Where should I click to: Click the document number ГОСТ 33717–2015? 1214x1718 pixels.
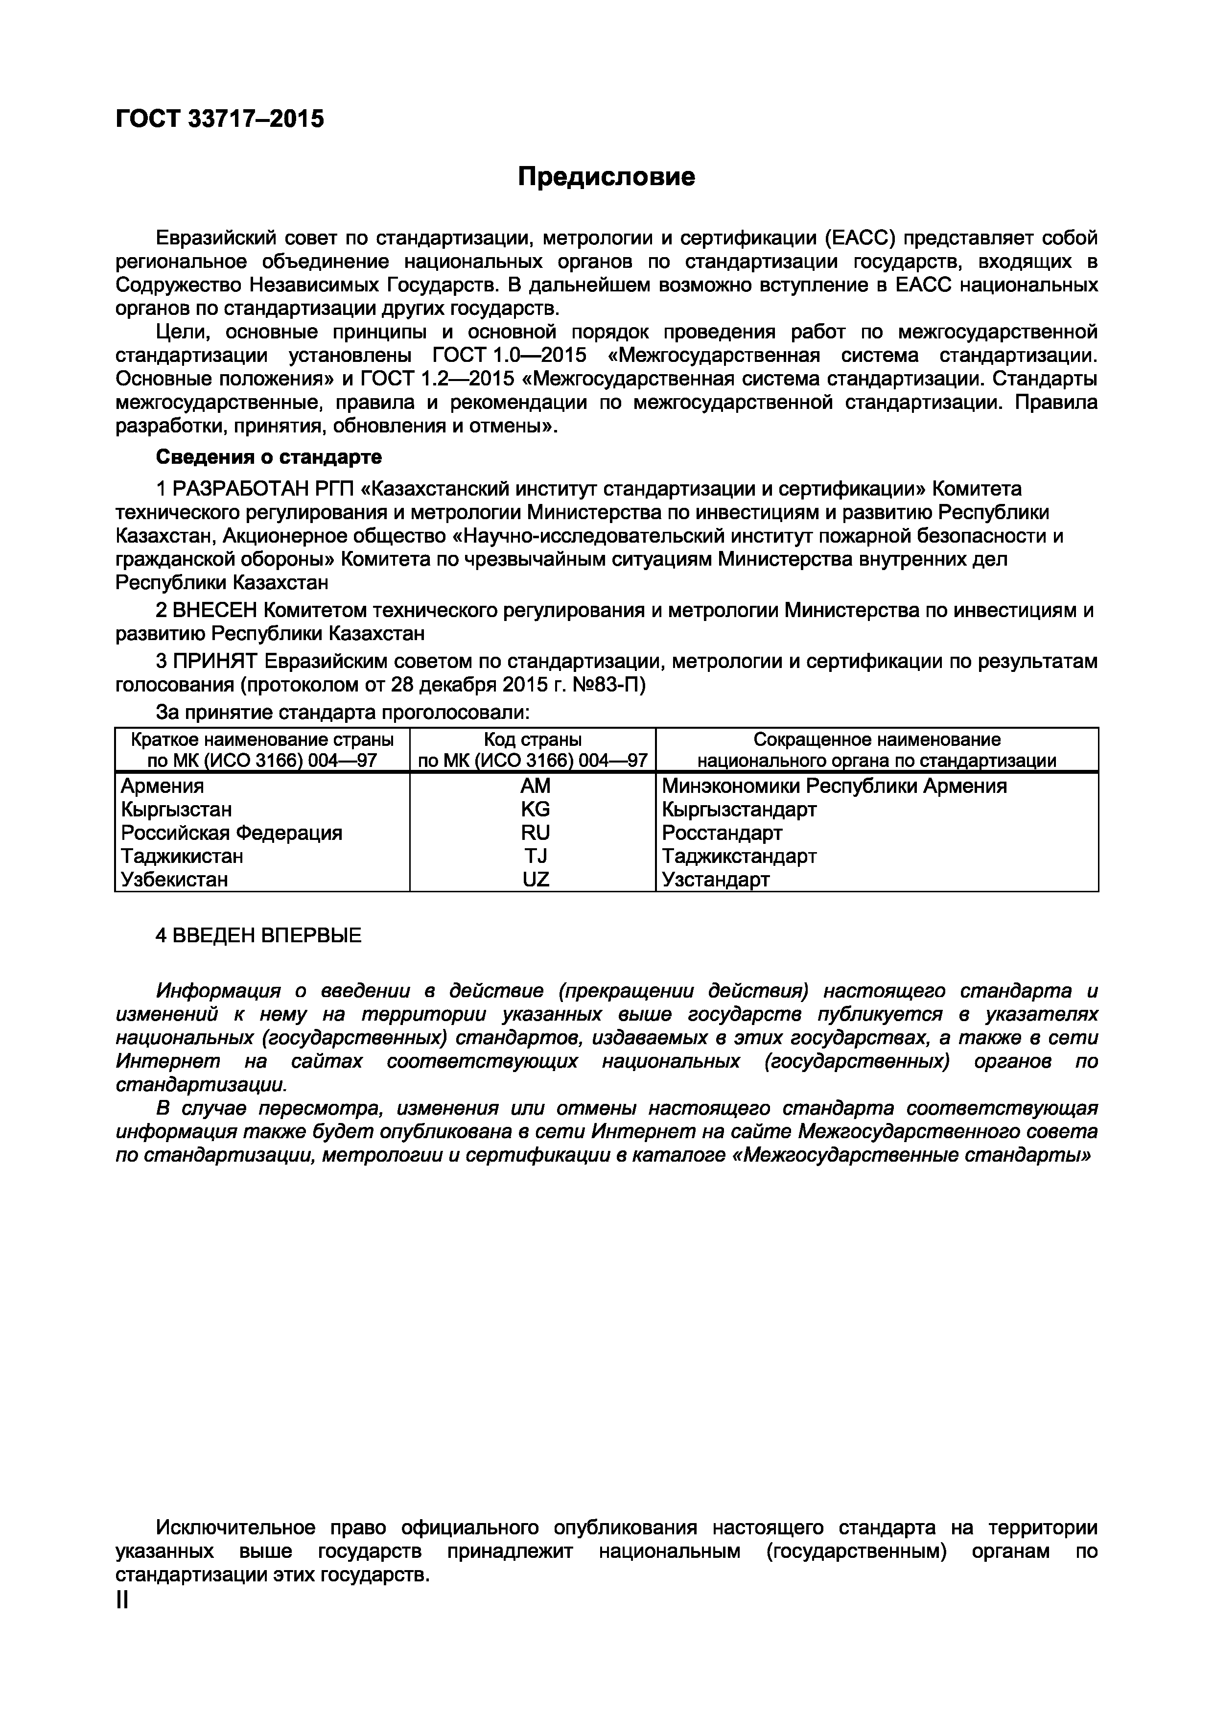220,119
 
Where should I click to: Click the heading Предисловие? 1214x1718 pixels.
607,177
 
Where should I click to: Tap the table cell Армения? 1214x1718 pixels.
163,786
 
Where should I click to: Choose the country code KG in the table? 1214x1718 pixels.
535,809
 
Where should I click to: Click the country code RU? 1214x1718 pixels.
535,832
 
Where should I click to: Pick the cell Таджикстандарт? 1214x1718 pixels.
739,855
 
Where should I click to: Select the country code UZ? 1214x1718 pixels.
535,879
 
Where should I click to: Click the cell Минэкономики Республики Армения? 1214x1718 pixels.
834,786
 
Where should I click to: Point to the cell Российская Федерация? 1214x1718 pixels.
232,832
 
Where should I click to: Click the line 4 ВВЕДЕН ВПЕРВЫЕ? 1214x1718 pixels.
258,935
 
